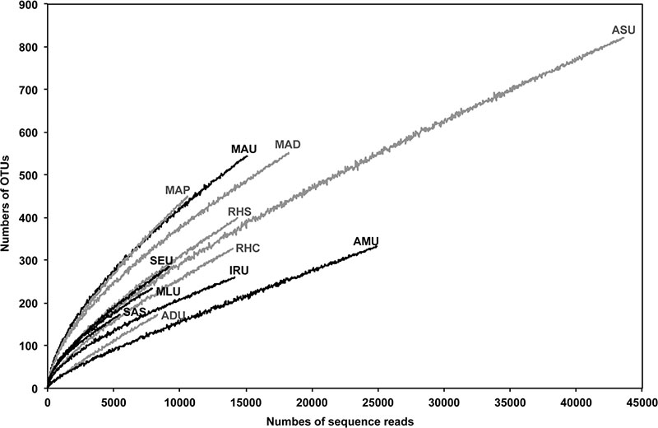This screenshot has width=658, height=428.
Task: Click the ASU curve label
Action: pos(624,30)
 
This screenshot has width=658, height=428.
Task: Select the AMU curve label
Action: pos(365,241)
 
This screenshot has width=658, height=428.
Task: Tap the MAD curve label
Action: pos(288,145)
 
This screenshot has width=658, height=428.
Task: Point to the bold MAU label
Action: pos(244,149)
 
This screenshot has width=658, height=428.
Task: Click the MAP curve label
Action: pos(178,190)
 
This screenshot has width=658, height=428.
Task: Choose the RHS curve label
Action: pos(239,212)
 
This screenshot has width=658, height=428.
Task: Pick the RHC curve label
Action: pos(248,248)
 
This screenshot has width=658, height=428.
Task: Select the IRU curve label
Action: pos(239,270)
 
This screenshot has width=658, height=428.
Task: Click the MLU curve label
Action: pos(169,291)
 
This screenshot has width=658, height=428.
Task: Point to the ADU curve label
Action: pos(173,315)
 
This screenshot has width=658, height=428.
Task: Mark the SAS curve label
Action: pos(135,312)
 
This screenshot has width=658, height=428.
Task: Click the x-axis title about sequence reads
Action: pos(340,421)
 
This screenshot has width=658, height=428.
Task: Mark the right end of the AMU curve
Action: pos(377,246)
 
